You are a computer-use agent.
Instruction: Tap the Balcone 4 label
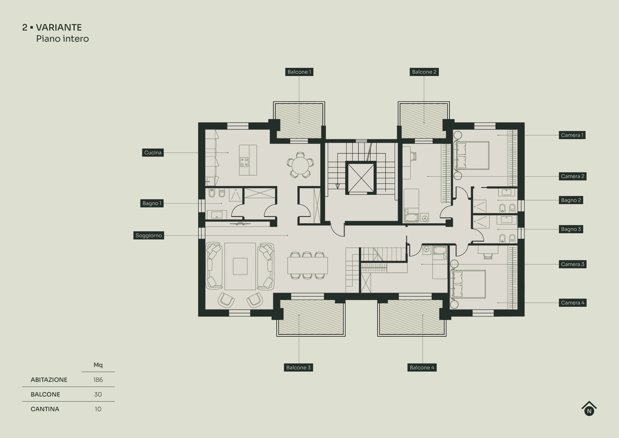pyautogui.click(x=422, y=368)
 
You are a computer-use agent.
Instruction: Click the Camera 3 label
pyautogui.click(x=572, y=264)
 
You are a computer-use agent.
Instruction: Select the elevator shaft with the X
pyautogui.click(x=361, y=178)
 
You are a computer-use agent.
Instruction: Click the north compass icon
pyautogui.click(x=589, y=409)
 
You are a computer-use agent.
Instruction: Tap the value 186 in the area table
pyautogui.click(x=98, y=380)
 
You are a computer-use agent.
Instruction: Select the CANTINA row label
pyautogui.click(x=45, y=409)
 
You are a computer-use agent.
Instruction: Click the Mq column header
pyautogui.click(x=98, y=365)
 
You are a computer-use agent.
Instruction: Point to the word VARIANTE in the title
pyautogui.click(x=59, y=28)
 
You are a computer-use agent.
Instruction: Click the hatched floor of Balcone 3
pyautogui.click(x=311, y=318)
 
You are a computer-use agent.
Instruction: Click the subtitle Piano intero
pyautogui.click(x=62, y=39)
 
